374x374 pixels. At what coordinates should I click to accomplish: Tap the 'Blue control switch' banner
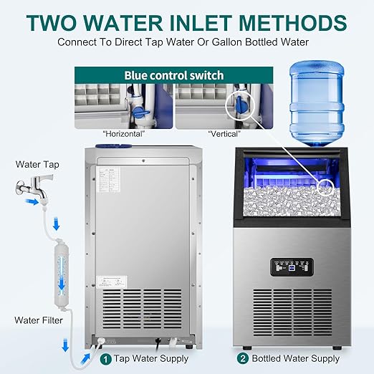174,75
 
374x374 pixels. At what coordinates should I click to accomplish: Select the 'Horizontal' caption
124,133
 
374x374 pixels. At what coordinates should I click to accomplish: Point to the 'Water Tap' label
37,164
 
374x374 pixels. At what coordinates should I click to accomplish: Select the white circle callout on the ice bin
327,189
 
